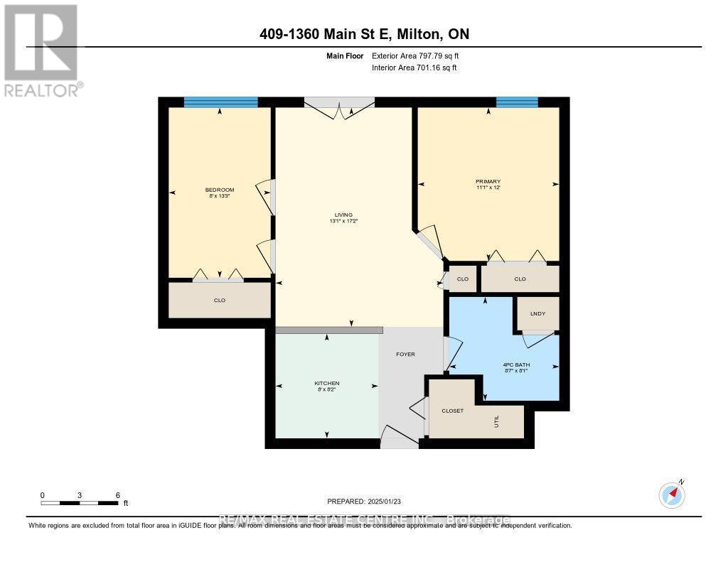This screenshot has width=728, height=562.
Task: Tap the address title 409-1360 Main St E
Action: coord(363,34)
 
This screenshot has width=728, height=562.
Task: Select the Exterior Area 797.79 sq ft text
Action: coord(420,55)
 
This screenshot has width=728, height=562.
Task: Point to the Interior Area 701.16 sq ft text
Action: coord(414,67)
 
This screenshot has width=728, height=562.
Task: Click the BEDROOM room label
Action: coord(220,190)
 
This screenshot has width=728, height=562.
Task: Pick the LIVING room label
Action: coord(343,215)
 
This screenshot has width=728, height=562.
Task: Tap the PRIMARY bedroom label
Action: coord(488,182)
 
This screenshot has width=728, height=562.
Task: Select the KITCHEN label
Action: coord(327,384)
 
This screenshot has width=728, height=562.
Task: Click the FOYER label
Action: coord(405,354)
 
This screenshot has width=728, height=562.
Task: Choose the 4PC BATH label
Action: coord(516,365)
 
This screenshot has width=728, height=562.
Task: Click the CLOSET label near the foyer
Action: coord(452,411)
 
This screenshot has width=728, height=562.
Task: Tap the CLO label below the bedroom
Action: coord(220,301)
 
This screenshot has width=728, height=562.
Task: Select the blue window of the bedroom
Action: coord(220,102)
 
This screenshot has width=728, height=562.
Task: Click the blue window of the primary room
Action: coord(517,102)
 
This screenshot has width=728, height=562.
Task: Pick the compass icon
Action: coord(672,493)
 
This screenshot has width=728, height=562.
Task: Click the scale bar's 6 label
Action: coord(117,495)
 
